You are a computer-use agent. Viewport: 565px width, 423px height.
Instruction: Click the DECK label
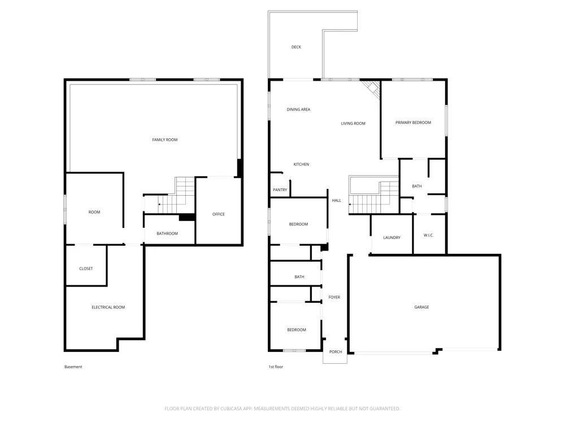tap(296, 47)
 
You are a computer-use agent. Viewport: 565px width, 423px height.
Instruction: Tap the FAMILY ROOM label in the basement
tap(164, 140)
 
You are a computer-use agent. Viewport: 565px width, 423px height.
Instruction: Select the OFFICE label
tap(218, 214)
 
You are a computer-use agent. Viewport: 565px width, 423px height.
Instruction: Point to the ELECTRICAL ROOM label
tap(108, 307)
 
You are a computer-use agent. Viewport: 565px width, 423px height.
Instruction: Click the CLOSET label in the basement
tap(86, 268)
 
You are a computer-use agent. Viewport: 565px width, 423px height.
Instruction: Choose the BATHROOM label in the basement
tap(167, 234)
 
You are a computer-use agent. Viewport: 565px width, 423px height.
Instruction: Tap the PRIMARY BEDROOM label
tap(414, 122)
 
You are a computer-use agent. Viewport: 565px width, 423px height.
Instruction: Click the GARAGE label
tap(421, 307)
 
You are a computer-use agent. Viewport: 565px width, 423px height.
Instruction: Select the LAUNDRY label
tap(392, 238)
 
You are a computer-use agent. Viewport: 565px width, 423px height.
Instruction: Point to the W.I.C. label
tap(428, 235)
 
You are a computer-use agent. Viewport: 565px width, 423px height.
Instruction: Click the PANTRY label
tap(280, 190)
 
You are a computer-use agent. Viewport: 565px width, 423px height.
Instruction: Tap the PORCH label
tap(336, 352)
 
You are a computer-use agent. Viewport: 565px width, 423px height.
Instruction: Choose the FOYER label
tap(334, 297)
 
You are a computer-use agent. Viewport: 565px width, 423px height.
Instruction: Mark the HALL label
tap(337, 201)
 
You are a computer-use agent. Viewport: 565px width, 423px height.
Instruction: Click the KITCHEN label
tap(301, 164)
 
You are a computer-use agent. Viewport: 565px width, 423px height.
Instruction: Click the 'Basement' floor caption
tap(73, 367)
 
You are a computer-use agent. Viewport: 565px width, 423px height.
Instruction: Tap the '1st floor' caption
tap(276, 367)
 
